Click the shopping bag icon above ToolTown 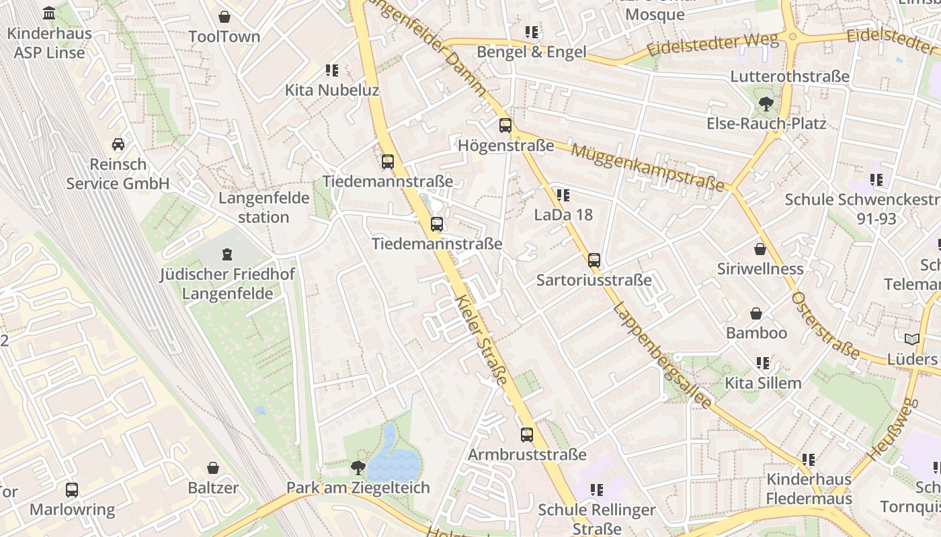point(224,17)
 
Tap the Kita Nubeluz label point(332,90)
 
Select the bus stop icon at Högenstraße point(505,126)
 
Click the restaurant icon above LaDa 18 point(563,195)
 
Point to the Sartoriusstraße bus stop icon point(594,260)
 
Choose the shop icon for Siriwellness point(760,249)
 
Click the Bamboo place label point(756,333)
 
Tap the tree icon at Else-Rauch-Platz point(766,103)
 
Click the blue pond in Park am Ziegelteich point(393,456)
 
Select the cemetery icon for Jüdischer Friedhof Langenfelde point(227,254)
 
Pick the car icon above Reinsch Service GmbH point(118,144)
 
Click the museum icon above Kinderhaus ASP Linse point(49,13)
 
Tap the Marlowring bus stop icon point(72,490)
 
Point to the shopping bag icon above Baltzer point(213,468)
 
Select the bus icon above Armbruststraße point(527,435)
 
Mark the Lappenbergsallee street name point(662,356)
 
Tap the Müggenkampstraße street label point(648,166)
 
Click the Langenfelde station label point(264,207)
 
